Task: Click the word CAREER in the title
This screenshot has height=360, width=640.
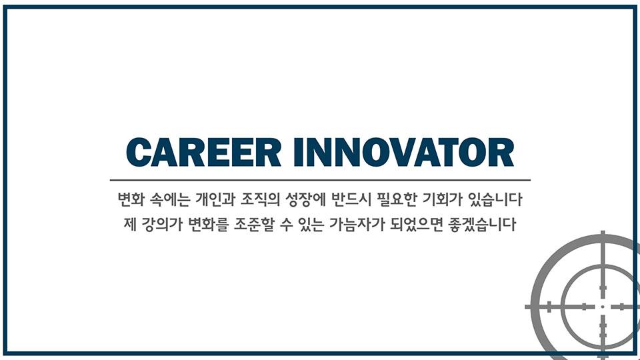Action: click(204, 152)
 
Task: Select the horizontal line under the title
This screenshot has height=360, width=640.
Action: click(320, 179)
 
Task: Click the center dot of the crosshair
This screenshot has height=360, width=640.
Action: click(603, 307)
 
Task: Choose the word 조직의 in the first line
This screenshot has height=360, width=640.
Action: click(260, 199)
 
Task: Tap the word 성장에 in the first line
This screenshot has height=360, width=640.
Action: click(305, 199)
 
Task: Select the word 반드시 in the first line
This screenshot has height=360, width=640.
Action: click(351, 199)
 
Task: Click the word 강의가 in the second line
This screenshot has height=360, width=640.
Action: click(161, 225)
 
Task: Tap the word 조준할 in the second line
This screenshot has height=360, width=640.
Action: click(254, 225)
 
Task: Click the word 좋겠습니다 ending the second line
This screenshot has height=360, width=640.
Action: click(482, 225)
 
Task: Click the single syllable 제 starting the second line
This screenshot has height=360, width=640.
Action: click(130, 225)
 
